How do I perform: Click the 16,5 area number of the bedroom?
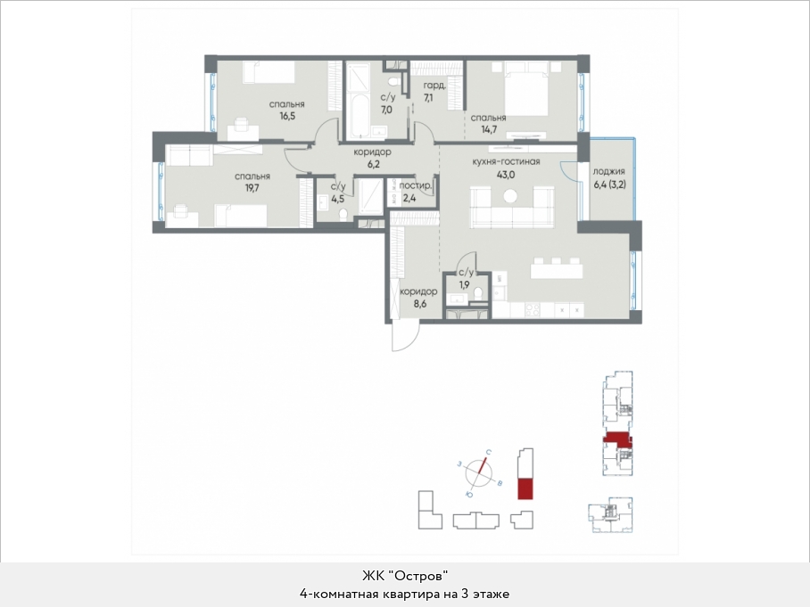coord(287,116)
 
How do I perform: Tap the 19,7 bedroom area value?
coord(252,188)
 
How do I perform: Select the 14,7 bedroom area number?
coord(489,129)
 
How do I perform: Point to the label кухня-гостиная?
coord(507,161)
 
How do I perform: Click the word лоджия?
coord(609,171)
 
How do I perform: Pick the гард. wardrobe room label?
coord(434,86)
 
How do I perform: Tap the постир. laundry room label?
coord(416,185)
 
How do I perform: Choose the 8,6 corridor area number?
coord(420,304)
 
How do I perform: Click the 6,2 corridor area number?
coord(372,165)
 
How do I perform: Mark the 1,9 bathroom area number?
coord(465,284)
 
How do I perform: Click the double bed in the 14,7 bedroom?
coord(526,89)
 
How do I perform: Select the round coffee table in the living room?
coord(510,196)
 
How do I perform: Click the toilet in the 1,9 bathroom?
coord(478,294)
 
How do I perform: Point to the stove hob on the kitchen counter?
coord(533,309)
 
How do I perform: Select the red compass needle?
coord(481,466)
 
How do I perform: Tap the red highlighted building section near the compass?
coord(525,488)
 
